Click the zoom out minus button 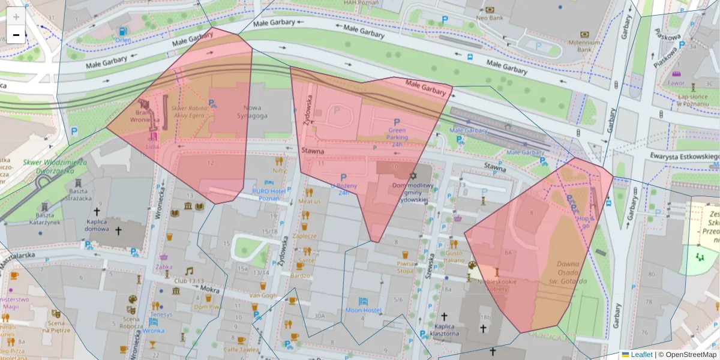tap(16, 35)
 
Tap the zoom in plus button tap(16, 16)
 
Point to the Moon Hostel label tap(363, 310)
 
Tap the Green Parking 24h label tap(397, 137)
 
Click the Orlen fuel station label tap(123, 40)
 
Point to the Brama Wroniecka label tap(146, 116)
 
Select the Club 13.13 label tap(190, 280)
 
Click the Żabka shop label tap(164, 266)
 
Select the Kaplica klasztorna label tap(445, 329)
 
